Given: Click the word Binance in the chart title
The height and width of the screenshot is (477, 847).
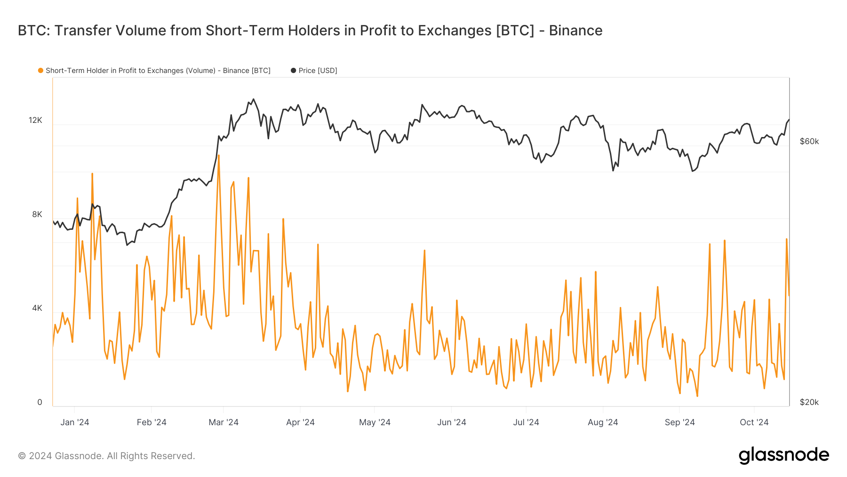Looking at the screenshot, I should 575,31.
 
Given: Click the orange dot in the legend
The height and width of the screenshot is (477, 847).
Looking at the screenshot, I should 41,71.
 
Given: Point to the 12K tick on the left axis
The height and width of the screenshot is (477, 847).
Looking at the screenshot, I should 36,120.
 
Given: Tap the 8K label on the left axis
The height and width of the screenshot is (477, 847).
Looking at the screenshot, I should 37,214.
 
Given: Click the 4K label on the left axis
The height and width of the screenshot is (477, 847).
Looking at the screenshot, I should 37,308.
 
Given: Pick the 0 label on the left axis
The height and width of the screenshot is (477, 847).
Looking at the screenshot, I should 40,402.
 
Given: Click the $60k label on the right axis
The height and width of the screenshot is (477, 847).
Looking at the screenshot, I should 809,141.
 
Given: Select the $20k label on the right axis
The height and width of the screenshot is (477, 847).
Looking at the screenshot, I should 809,402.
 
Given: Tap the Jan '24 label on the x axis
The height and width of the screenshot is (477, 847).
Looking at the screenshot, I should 75,422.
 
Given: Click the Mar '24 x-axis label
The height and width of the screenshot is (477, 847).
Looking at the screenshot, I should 224,422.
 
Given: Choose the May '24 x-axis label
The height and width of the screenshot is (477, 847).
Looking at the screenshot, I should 375,422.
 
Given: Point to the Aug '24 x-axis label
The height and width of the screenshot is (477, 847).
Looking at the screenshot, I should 603,422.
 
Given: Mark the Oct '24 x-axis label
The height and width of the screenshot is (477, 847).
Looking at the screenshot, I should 754,422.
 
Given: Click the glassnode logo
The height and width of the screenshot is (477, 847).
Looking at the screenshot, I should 783,456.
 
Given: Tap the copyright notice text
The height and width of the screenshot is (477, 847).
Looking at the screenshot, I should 106,456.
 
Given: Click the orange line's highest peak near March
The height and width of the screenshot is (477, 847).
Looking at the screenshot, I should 219,155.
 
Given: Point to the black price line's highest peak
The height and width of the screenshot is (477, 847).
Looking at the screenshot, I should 254,99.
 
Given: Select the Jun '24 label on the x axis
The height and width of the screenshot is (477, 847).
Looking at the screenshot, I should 451,422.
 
